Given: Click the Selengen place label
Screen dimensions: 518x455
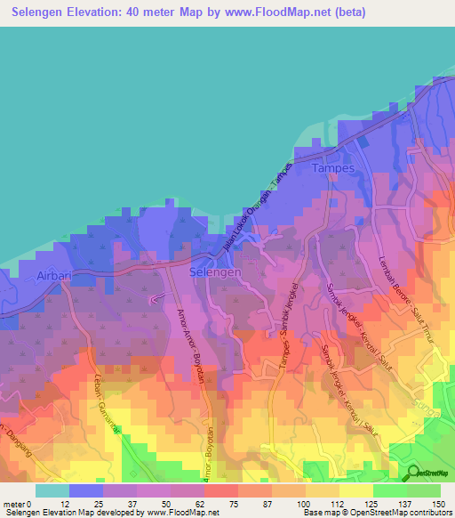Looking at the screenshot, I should point(215,273).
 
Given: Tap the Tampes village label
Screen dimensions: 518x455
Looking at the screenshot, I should point(333,167).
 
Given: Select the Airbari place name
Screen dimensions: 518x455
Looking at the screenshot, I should point(52,277).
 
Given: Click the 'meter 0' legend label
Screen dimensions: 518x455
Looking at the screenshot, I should point(17,505).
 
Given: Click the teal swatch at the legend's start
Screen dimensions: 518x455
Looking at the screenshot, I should point(52,490).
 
